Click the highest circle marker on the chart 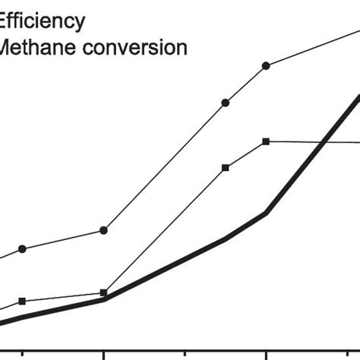(266, 66)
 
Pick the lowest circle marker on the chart (22, 248)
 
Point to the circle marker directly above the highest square (266, 66)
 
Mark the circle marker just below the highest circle (226, 102)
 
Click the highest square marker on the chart (266, 141)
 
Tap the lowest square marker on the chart (22, 302)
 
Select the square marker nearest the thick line (103, 293)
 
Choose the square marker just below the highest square (226, 167)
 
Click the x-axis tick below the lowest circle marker (22, 355)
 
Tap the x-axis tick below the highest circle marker (266, 355)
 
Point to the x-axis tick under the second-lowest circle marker (103, 355)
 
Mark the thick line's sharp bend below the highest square (266, 213)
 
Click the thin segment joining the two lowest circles (62, 239)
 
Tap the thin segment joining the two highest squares (245, 154)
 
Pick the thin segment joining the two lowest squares (62, 297)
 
